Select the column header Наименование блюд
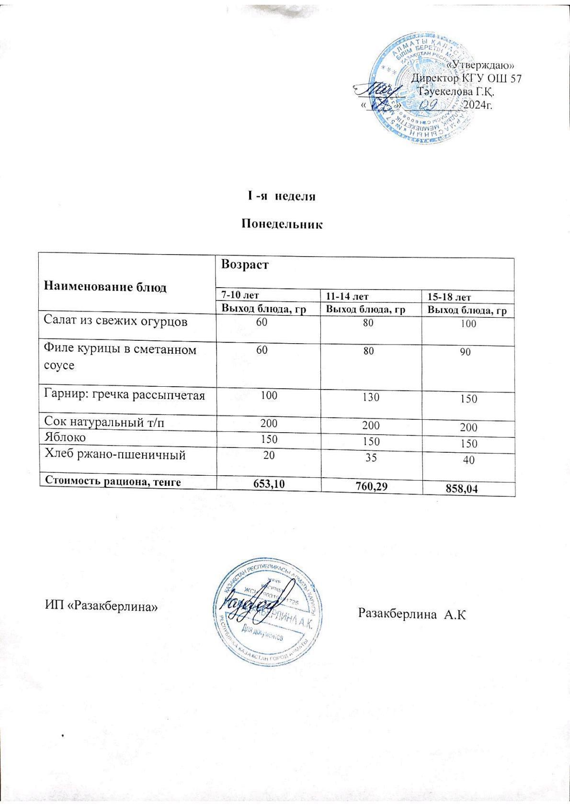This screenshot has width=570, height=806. [105, 287]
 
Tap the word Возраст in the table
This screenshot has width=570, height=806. [244, 265]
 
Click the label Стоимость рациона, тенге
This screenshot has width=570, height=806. [113, 481]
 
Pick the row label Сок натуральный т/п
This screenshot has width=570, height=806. [106, 422]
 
